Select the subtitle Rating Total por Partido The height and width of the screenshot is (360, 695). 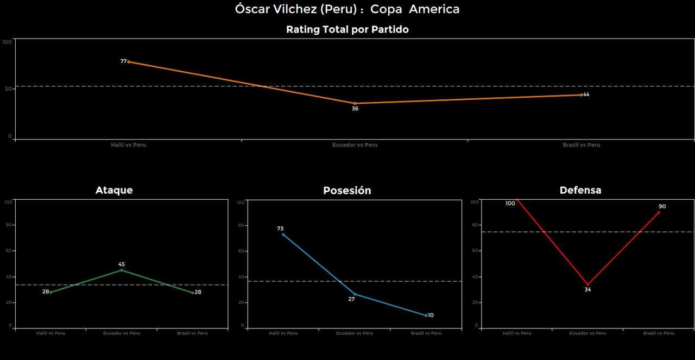(x=347, y=30)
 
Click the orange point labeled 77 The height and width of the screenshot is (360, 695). (x=129, y=62)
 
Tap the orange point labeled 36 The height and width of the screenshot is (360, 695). (x=355, y=103)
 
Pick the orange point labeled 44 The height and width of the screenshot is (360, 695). (x=581, y=95)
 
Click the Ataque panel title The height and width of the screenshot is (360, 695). (x=114, y=190)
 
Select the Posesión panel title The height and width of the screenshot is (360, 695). (x=347, y=191)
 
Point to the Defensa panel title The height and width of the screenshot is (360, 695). (x=580, y=190)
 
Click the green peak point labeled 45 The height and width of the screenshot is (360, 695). (x=122, y=270)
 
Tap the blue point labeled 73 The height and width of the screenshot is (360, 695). (x=283, y=235)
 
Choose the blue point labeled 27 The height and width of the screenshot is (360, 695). (x=355, y=294)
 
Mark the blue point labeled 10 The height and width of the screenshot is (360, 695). (x=426, y=315)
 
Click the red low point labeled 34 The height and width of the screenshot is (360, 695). (x=587, y=285)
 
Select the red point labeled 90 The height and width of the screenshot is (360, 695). (x=659, y=212)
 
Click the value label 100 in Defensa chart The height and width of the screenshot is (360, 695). (x=510, y=204)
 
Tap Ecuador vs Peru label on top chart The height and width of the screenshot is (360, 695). (x=355, y=145)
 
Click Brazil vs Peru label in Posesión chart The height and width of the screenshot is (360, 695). (x=426, y=333)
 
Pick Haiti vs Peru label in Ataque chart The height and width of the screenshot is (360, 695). (x=50, y=333)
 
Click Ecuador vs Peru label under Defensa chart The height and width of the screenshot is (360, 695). (x=587, y=333)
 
